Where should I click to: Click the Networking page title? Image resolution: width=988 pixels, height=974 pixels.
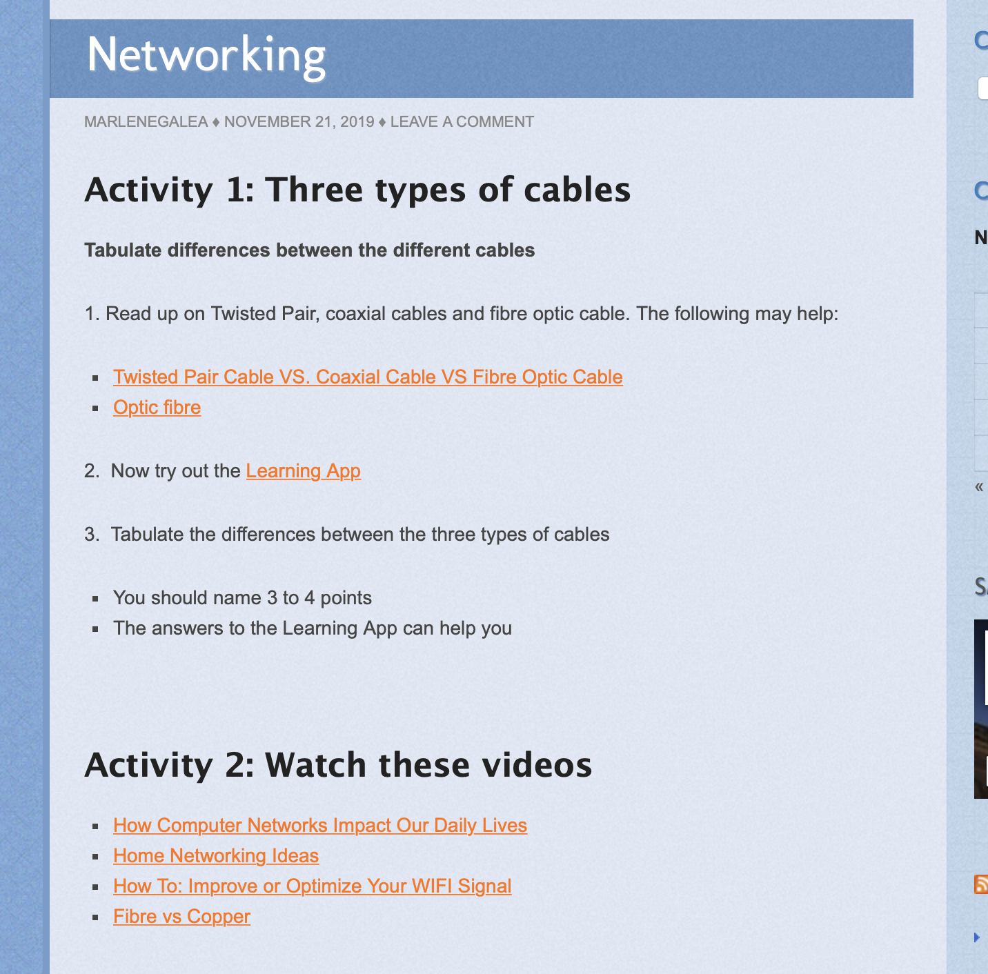point(206,56)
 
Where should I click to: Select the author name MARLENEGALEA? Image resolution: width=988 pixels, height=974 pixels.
point(146,122)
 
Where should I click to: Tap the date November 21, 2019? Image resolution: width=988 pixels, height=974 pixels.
point(299,122)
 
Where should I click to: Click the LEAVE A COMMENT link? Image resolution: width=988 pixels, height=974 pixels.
point(462,122)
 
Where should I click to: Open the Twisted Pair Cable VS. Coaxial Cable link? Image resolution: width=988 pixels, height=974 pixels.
point(368,377)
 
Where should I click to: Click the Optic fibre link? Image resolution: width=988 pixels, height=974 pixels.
point(157,408)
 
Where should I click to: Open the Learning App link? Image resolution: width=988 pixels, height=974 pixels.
point(304,470)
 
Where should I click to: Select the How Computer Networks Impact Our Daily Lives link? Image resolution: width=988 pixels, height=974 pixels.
point(320,825)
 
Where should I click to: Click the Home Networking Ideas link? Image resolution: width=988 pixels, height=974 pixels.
point(216,855)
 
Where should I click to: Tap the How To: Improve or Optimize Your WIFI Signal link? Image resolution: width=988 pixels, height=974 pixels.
point(313,886)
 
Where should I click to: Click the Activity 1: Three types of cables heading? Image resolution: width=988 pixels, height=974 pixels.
point(357,190)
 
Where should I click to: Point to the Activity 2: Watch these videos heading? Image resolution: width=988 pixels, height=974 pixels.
point(338,766)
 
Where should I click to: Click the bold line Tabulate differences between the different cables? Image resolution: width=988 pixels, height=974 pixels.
point(310,250)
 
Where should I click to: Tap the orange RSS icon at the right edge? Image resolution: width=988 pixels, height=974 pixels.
point(981,884)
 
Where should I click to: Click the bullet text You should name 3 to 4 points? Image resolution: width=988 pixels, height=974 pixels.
point(242,598)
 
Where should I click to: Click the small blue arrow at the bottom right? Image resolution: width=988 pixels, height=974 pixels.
point(977,937)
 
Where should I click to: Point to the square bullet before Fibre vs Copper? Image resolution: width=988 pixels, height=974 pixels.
point(95,917)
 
